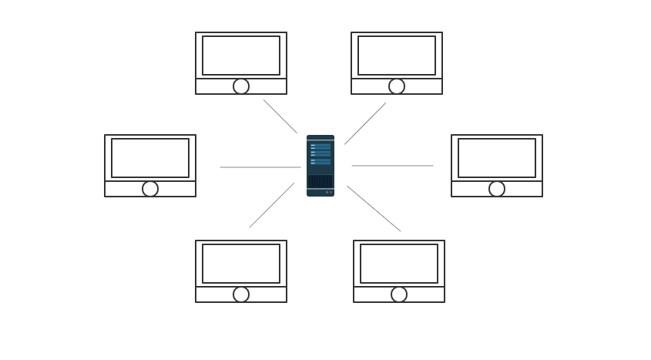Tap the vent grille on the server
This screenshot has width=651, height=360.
tap(320, 181)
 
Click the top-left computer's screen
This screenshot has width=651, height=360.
tap(241, 56)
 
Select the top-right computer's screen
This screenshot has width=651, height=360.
tap(397, 56)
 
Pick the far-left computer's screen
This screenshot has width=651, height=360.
tap(150, 158)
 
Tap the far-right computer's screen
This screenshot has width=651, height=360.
tap(497, 158)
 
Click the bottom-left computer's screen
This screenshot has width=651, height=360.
tap(241, 264)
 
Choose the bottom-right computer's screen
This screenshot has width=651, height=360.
tap(399, 264)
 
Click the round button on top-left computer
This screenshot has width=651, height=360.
tap(241, 86)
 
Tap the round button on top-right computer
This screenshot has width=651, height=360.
tap(397, 86)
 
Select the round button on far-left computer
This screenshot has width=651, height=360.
tap(150, 189)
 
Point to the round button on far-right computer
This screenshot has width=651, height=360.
tap(497, 189)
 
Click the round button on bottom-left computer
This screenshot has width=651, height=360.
tap(241, 294)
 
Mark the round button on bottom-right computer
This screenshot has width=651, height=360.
tap(399, 294)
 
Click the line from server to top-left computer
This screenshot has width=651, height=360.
tap(280, 116)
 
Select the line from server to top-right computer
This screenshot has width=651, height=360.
tap(365, 123)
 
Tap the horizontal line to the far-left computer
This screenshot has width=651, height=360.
tap(260, 167)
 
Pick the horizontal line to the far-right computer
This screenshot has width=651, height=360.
tap(392, 166)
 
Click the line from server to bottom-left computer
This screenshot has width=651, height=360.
tap(271, 205)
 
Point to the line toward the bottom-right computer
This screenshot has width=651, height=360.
tap(374, 208)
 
